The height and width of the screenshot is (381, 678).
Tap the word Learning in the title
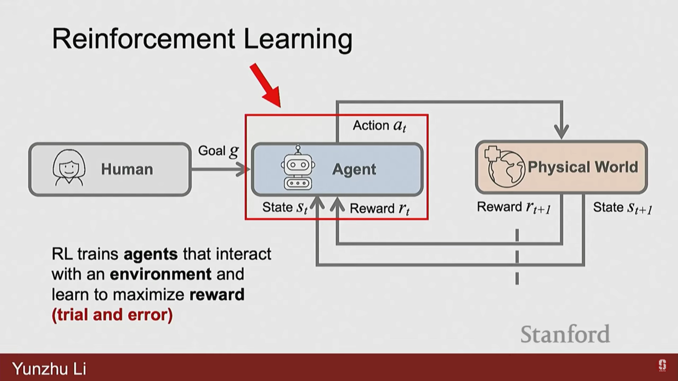pyautogui.click(x=298, y=40)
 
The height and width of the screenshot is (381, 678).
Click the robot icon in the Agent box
pyautogui.click(x=298, y=169)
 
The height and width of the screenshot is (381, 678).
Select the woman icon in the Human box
pyautogui.click(x=69, y=168)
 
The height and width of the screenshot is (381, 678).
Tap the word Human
pyautogui.click(x=127, y=169)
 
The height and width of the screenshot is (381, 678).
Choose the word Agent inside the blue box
pyautogui.click(x=354, y=169)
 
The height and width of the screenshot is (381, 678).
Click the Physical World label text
pyautogui.click(x=583, y=167)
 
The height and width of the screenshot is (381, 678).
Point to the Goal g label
pyautogui.click(x=218, y=151)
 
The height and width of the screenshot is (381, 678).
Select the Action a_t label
pyautogui.click(x=380, y=126)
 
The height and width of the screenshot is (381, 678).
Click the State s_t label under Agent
pyautogui.click(x=285, y=207)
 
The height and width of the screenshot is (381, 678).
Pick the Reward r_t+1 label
pyautogui.click(x=514, y=207)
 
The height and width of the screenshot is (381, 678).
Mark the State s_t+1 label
pyautogui.click(x=622, y=207)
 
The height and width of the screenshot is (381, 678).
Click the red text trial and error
pyautogui.click(x=112, y=315)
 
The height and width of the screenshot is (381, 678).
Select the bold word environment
pyautogui.click(x=161, y=274)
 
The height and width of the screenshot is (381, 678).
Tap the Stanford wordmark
pyautogui.click(x=565, y=334)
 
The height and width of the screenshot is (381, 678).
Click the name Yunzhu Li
pyautogui.click(x=49, y=369)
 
